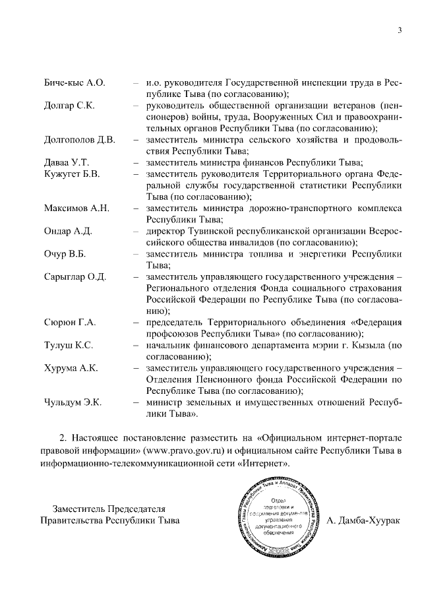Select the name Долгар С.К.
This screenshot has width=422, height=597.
tap(69, 106)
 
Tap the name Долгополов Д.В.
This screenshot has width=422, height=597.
tap(79, 140)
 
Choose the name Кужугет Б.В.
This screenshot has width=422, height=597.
tap(73, 174)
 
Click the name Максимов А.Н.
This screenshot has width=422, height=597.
tap(76, 208)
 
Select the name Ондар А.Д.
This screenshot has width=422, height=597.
tap(68, 231)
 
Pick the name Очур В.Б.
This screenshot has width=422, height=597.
tap(65, 253)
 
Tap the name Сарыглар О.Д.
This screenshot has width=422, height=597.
tap(75, 276)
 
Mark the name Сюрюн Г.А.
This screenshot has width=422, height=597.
tap(70, 322)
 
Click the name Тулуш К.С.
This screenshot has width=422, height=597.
tap(69, 345)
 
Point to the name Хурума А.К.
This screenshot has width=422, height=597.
tap(71, 368)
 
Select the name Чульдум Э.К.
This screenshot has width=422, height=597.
tap(73, 402)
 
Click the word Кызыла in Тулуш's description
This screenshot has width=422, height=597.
tap(369, 345)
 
